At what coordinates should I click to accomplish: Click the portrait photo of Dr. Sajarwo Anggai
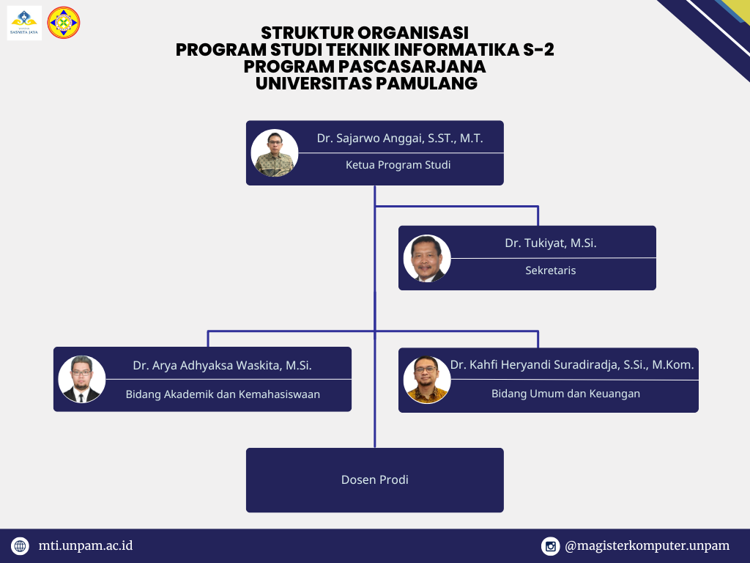[275, 152]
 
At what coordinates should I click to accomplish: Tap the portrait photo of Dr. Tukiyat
[427, 258]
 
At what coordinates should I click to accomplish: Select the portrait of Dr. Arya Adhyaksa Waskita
[82, 379]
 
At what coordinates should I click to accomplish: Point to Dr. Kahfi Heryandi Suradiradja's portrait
[427, 380]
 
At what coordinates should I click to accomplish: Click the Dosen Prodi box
[375, 480]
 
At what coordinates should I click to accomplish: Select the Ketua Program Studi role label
[398, 165]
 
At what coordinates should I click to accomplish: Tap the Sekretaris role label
[551, 271]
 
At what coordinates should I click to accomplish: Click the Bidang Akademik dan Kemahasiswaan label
[223, 394]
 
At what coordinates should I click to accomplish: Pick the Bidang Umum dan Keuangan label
[566, 394]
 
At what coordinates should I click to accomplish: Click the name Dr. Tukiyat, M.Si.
[551, 243]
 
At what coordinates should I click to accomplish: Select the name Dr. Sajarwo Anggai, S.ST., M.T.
[400, 139]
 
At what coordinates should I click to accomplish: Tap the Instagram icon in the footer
[551, 546]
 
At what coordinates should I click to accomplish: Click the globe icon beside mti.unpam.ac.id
[20, 545]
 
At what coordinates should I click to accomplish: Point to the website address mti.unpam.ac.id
[86, 545]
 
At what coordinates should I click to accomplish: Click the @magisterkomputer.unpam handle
[647, 546]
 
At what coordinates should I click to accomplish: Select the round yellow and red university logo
[64, 23]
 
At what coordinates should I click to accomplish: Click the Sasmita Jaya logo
[24, 23]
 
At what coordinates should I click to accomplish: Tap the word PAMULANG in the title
[427, 84]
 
